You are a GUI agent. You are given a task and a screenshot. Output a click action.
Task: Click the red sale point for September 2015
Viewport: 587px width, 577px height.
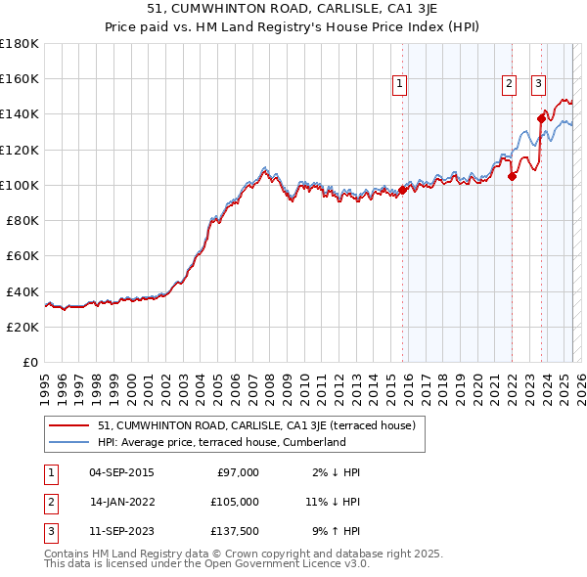[x=402, y=191]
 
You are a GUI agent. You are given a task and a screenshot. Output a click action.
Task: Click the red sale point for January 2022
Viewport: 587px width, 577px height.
[x=512, y=176]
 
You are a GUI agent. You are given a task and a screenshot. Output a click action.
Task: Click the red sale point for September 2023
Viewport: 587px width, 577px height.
[x=541, y=118]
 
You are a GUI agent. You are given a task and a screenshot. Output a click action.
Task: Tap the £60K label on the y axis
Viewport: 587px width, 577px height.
[x=23, y=256]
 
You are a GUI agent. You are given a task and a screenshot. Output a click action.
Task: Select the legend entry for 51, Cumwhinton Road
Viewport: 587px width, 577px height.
[x=257, y=425]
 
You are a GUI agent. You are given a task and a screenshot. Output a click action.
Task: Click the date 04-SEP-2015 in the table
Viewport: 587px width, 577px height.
[x=121, y=472]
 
